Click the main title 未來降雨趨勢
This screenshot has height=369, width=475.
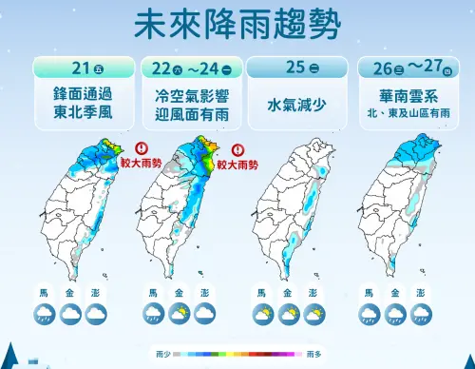click(x=237, y=23)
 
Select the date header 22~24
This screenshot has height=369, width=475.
click(x=193, y=67)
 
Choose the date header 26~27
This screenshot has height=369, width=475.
click(x=411, y=67)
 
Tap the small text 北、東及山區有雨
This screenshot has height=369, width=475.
click(x=411, y=113)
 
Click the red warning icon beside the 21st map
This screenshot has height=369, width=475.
click(x=142, y=148)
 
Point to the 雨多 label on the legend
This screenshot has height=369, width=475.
click(x=313, y=352)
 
